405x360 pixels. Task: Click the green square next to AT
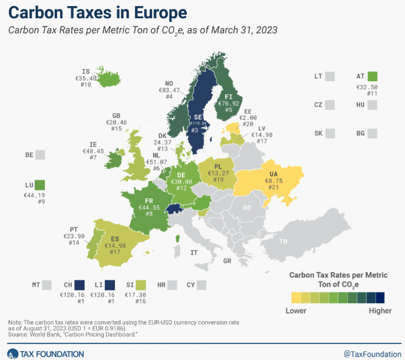(x=371, y=76)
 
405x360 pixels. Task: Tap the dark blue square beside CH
(x=80, y=285)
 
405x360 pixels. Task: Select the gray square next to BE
(x=40, y=155)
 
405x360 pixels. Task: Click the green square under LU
(x=40, y=185)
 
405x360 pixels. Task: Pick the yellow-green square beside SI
(x=141, y=285)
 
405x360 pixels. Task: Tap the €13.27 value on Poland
(x=217, y=173)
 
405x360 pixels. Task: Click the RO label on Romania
(x=246, y=208)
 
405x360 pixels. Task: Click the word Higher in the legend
(x=380, y=311)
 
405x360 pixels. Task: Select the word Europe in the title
(x=152, y=12)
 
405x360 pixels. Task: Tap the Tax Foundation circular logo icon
(x=12, y=353)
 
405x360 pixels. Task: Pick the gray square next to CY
(x=201, y=285)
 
